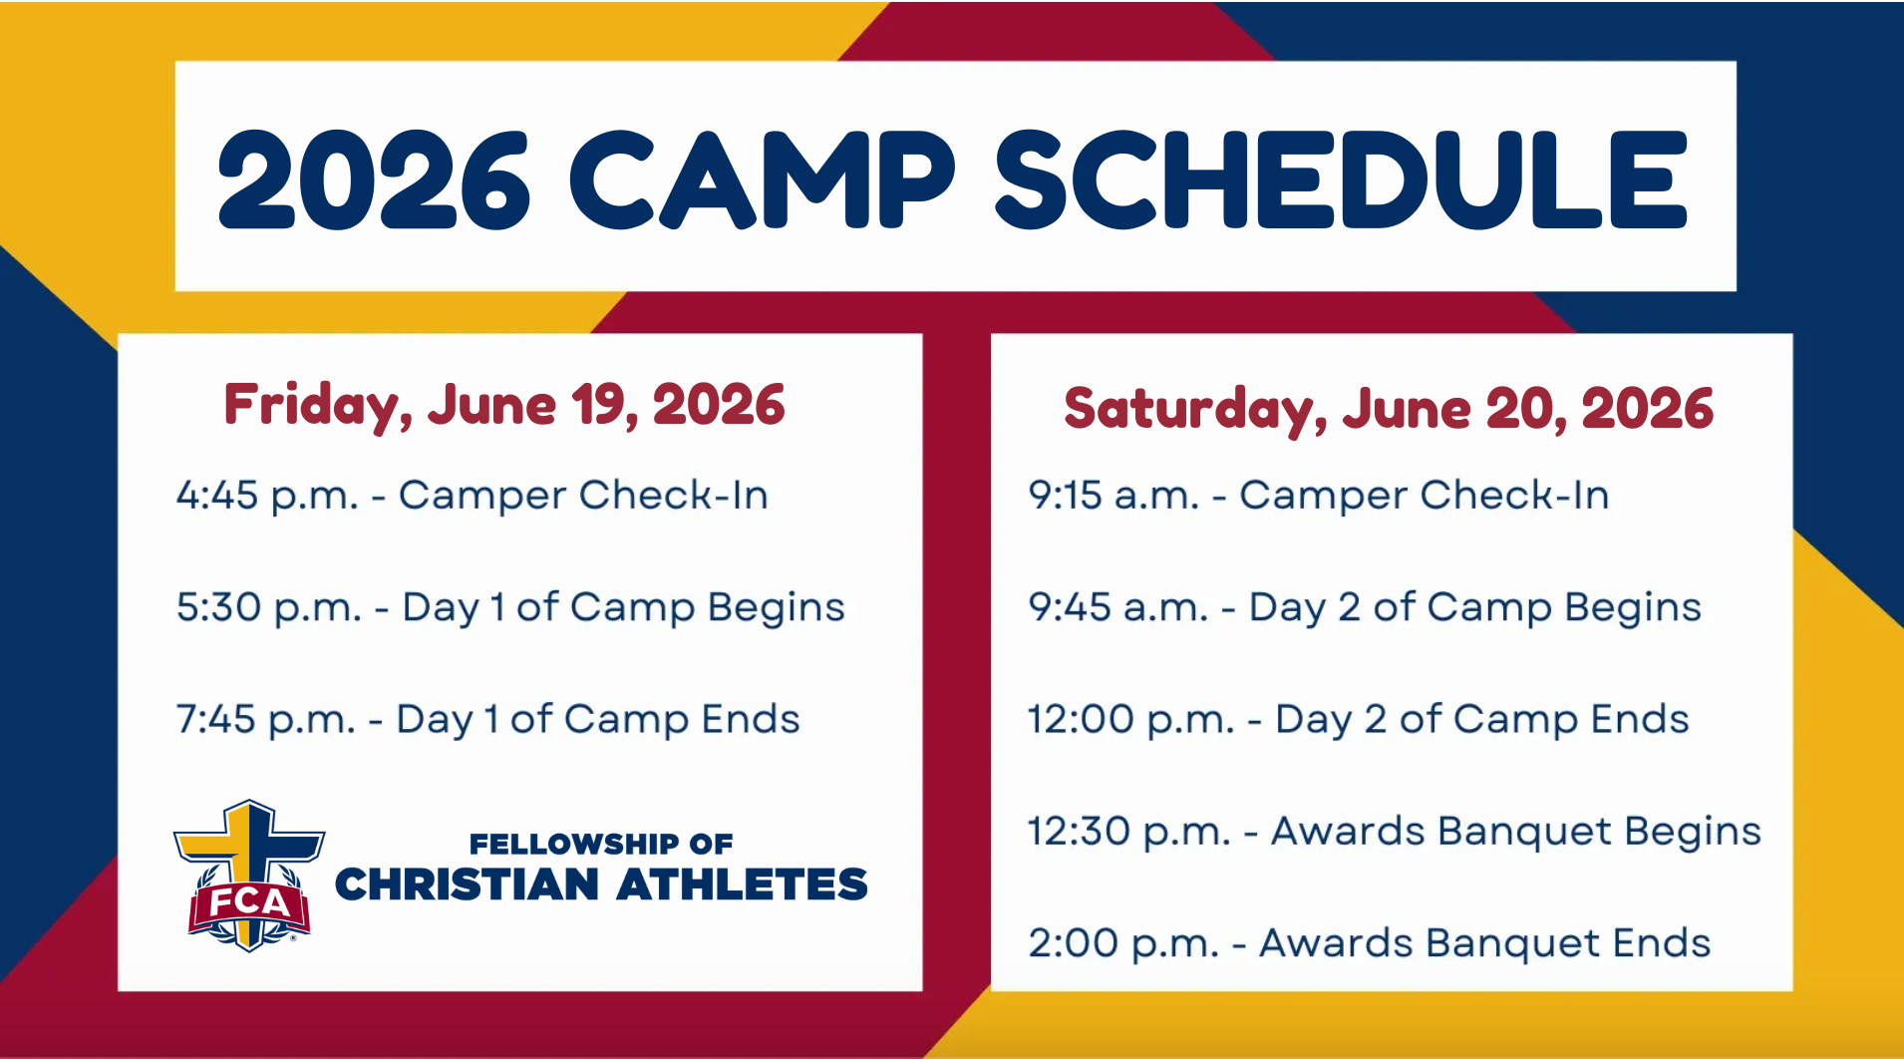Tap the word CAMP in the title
coord(763,179)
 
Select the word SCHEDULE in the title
coord(1342,179)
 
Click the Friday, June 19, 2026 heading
coord(504,405)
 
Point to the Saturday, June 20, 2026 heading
coord(1389,409)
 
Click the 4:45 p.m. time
coord(267,496)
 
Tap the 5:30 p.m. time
coord(269,607)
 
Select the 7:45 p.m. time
coord(266,719)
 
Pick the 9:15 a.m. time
coord(1113,495)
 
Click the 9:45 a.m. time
coord(1118,606)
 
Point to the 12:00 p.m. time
coord(1131,719)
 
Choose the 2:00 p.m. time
coord(1123,943)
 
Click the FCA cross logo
coord(249,875)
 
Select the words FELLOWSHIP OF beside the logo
coord(601,845)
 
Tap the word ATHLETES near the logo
coord(743,884)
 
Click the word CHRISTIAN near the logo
coord(468,884)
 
